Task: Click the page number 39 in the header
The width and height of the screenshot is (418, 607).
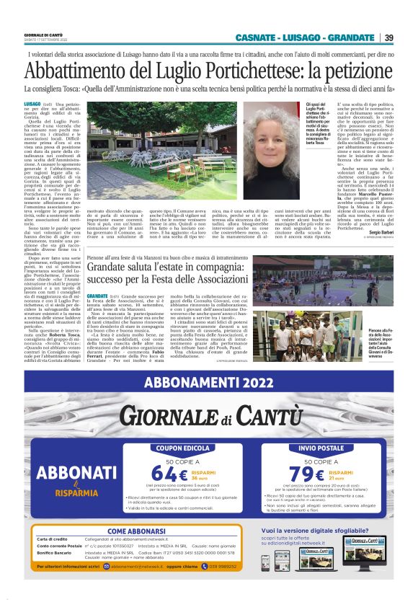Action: (x=388, y=38)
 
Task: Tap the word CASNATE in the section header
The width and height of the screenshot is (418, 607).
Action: (x=258, y=38)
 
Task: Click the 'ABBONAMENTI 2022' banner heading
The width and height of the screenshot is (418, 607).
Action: (x=209, y=384)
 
